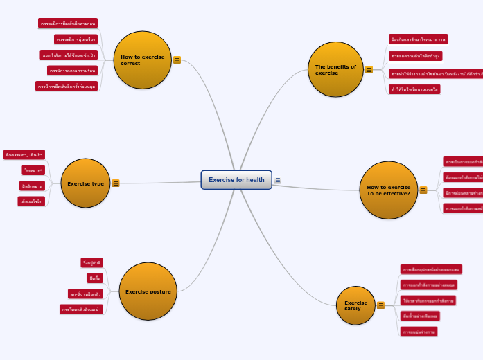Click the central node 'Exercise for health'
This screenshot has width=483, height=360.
(x=236, y=180)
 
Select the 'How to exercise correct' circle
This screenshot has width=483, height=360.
(x=143, y=60)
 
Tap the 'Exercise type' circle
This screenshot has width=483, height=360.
(x=85, y=183)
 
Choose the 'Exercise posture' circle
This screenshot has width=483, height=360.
(x=148, y=291)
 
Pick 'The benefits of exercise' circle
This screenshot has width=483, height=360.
(x=335, y=69)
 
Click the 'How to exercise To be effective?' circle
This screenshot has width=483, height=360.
(x=388, y=190)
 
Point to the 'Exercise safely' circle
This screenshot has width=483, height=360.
(x=355, y=305)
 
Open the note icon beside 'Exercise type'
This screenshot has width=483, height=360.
(x=116, y=183)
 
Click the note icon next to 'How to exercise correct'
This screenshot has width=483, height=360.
(x=177, y=60)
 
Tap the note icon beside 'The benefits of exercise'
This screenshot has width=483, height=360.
(x=369, y=70)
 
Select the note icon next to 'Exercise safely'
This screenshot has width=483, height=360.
(x=380, y=305)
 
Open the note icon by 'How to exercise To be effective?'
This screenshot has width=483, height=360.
(x=423, y=190)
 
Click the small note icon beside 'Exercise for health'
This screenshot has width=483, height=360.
(x=278, y=180)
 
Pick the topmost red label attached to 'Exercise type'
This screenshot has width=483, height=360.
(x=24, y=155)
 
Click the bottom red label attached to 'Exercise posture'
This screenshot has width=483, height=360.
(x=81, y=309)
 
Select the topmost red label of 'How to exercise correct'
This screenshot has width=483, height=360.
(x=68, y=24)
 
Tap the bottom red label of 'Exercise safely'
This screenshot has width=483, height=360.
(x=419, y=332)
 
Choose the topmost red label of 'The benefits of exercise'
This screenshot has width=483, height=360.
(x=418, y=39)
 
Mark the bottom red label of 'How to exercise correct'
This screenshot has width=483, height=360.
(x=67, y=87)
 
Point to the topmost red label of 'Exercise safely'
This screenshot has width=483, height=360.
(x=431, y=269)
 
